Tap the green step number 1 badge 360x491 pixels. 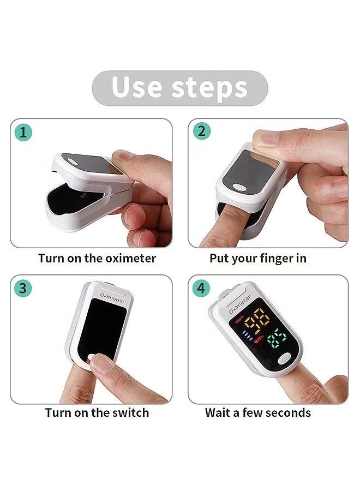pos(23,132)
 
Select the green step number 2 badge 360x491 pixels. pos(201,131)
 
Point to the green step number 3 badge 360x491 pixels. pos(23,288)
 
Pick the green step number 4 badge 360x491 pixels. pos(201,288)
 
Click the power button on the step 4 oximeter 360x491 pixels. pos(284,358)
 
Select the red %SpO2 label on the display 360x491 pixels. pos(239,321)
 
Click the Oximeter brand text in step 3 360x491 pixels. pos(112,298)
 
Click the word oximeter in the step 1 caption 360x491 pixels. pos(130,258)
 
